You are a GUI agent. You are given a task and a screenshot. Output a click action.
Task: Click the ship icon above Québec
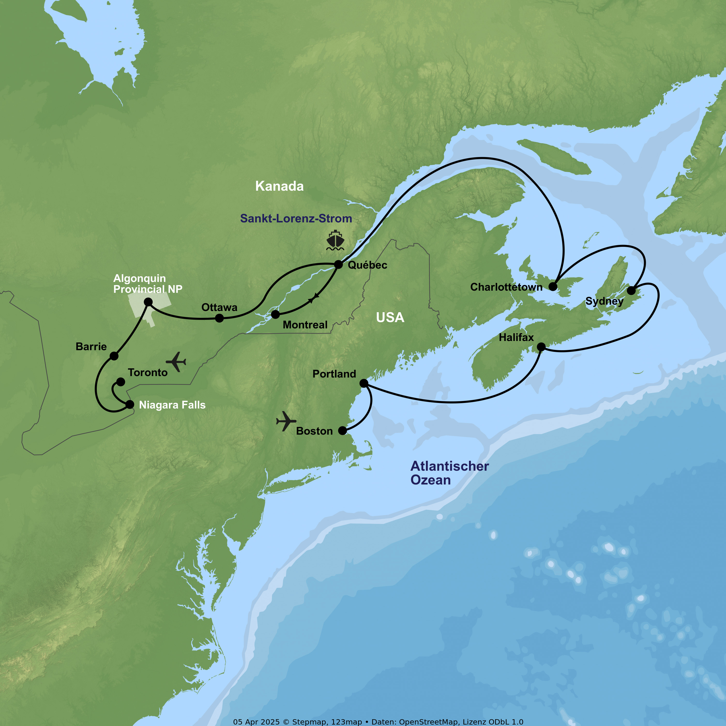coord(335,241)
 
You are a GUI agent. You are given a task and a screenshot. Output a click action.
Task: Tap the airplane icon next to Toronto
coord(176,362)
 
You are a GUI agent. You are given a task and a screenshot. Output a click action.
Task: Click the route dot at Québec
coord(338,265)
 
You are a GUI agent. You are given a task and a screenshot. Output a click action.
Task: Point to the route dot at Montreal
coord(275,314)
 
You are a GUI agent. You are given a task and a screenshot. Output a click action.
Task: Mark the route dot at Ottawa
coord(219,318)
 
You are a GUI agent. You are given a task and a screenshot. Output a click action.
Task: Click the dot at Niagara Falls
coord(130,405)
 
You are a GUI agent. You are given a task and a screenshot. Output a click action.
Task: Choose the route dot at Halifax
coord(541,347)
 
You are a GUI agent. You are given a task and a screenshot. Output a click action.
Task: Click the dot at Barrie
coord(114,356)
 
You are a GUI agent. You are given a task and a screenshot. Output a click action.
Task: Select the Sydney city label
coord(604,301)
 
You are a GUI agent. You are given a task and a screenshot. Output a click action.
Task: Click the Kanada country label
coord(279,186)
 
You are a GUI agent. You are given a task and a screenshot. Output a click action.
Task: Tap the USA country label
coord(390,318)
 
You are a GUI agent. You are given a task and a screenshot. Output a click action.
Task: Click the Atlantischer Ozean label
coord(449,473)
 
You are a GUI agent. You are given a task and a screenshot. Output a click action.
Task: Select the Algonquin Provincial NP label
coord(148,283)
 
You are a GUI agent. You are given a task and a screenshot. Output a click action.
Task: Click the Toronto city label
coord(148,372)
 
